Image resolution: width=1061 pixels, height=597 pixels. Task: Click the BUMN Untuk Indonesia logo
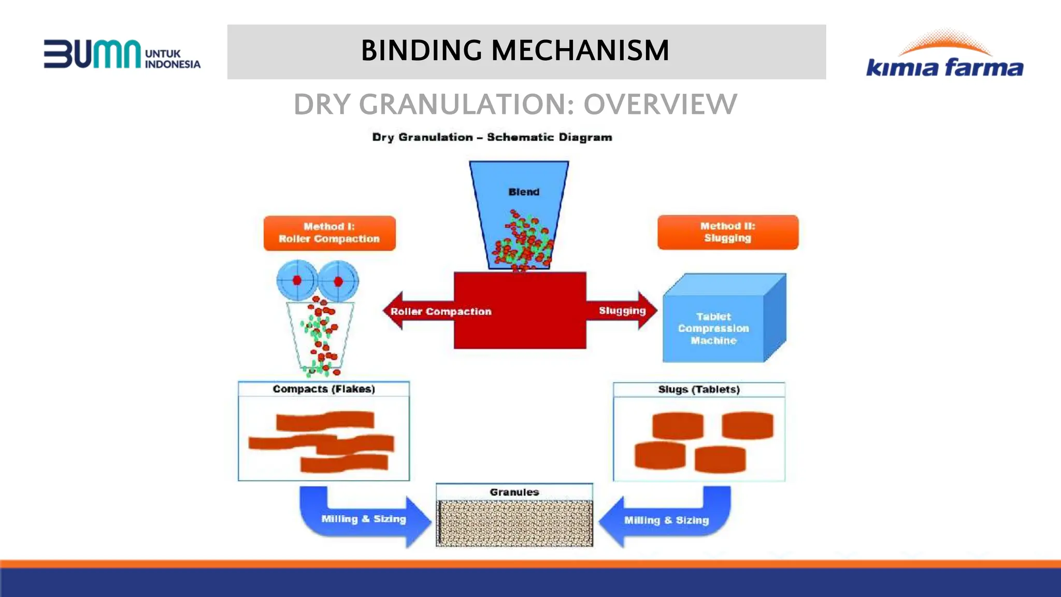point(122,54)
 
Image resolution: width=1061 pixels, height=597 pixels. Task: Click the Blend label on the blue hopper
point(524,192)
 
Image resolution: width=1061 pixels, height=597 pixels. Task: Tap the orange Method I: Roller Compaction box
point(329,233)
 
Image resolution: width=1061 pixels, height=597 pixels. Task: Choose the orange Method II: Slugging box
point(727,232)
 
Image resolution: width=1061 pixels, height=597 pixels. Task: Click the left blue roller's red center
point(297,280)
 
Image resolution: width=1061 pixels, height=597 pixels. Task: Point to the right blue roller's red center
point(338,281)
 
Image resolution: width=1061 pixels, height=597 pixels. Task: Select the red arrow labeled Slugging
point(622,310)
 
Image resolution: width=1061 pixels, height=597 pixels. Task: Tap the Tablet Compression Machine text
point(713,328)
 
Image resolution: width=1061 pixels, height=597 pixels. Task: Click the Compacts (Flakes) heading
point(324,389)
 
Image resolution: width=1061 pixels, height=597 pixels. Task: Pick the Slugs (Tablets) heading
point(698,389)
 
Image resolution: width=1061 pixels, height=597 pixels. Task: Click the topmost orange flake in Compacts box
point(325,421)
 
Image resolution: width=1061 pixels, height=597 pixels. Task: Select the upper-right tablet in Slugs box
point(747,425)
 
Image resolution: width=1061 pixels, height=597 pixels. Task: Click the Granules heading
point(514,492)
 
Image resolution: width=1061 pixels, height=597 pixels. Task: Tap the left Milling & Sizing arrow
point(363,519)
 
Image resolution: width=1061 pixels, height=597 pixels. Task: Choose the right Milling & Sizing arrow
point(666,520)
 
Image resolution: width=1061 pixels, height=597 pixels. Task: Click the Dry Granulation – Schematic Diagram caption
point(492,137)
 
